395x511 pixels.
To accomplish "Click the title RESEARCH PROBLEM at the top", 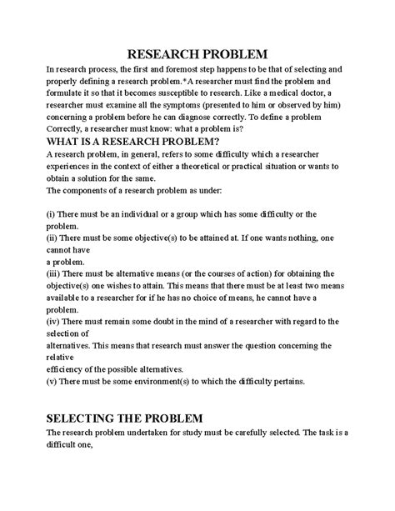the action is tap(197, 53).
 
